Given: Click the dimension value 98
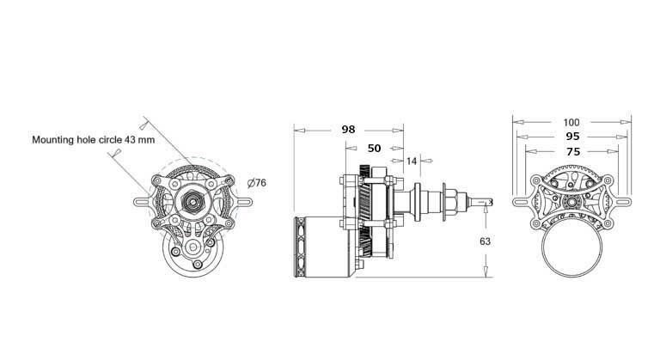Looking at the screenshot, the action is click(x=348, y=129).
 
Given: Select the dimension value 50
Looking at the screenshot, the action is click(x=374, y=149).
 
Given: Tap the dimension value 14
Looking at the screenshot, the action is click(x=412, y=161).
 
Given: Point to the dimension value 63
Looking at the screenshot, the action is click(x=485, y=241).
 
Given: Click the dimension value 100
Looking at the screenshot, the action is click(x=571, y=123).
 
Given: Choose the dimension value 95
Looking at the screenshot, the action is click(x=572, y=137).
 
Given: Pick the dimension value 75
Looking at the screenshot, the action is click(x=573, y=151).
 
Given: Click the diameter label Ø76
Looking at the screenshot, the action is click(x=257, y=183).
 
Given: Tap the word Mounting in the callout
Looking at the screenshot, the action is click(x=52, y=140).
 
